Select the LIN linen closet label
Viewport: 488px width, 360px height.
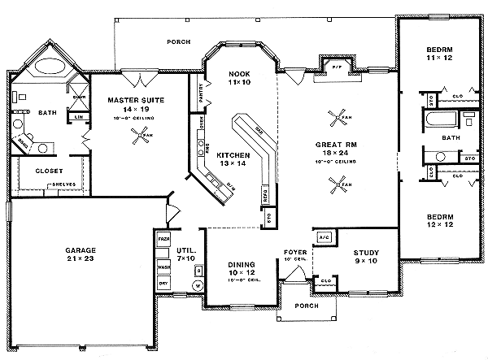[x=79, y=117]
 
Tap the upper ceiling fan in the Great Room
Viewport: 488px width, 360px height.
[x=335, y=119]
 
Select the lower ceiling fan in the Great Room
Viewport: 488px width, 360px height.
[x=335, y=187]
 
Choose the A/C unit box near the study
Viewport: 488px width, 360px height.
[x=323, y=236]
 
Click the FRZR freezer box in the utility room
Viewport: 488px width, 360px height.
[x=163, y=241]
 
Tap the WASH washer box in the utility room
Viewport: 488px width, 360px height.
[x=163, y=265]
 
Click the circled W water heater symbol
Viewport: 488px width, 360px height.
[x=196, y=285]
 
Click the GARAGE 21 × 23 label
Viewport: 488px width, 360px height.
[x=81, y=254]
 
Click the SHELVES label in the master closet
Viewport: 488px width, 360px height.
[x=63, y=184]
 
